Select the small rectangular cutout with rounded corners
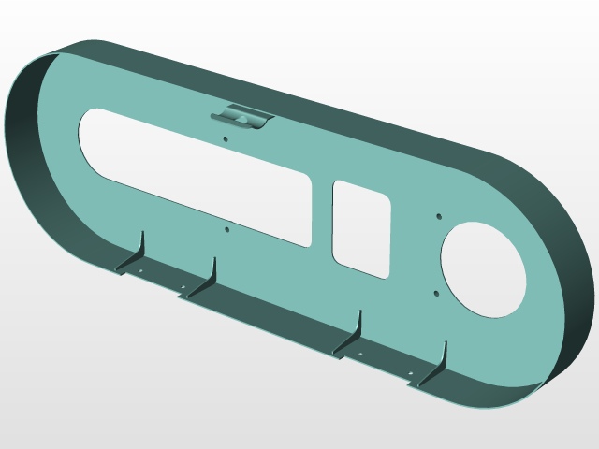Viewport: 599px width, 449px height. tap(360, 228)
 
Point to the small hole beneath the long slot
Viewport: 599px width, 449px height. tap(227, 226)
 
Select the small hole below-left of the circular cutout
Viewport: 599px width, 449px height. tap(436, 293)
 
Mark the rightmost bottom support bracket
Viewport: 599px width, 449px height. tap(437, 366)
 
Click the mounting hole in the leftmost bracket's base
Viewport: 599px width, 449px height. tap(140, 272)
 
